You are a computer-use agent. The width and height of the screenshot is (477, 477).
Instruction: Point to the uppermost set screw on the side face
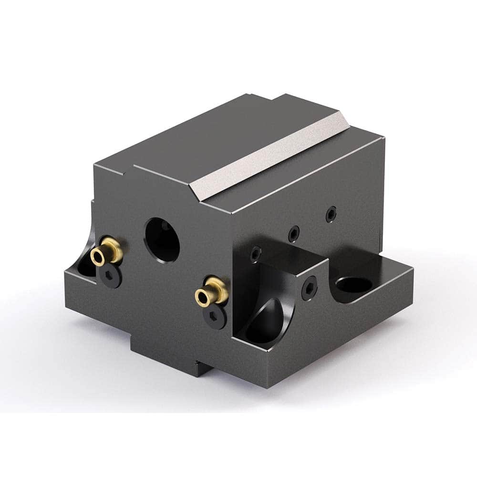(331, 215)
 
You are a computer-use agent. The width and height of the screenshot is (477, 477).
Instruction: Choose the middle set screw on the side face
(294, 233)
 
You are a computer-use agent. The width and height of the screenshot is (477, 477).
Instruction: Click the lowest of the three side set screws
(257, 254)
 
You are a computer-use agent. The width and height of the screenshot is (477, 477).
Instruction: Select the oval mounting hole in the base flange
(353, 285)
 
